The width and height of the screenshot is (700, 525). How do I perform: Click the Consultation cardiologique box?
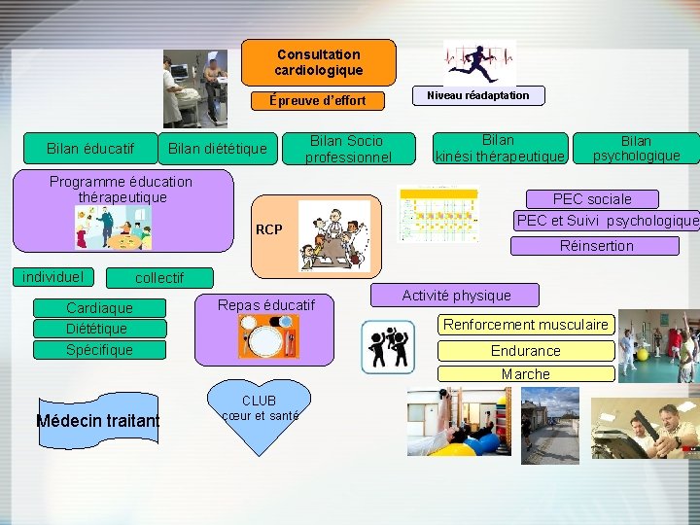318,62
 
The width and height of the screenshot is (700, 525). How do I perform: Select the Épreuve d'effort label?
318,100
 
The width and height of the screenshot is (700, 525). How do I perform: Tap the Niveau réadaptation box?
483,95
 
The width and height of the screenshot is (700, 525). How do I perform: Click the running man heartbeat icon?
479,63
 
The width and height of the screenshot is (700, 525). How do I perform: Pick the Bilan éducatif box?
90,148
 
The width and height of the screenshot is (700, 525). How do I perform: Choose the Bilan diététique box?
217,148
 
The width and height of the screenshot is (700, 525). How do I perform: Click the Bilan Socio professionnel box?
347,149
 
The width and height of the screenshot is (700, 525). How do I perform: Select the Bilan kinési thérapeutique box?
500,149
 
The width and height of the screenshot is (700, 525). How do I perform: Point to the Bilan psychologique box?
636,148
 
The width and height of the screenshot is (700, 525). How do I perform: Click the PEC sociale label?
592,198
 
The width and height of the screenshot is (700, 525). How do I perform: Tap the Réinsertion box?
596,246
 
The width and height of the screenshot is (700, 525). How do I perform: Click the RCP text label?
268,230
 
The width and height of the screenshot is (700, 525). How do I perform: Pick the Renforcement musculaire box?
526,325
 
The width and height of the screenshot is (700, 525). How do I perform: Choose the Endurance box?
526,350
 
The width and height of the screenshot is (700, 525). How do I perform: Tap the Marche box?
526,373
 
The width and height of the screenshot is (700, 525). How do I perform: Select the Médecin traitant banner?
97,420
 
